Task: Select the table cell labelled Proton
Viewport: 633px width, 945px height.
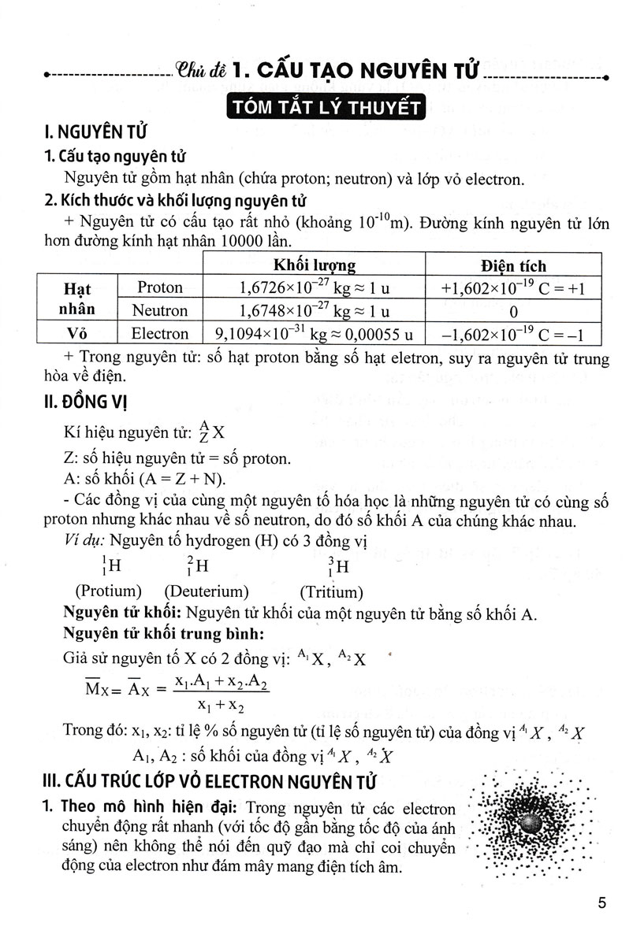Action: tap(159, 287)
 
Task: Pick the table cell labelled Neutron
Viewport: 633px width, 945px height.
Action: tap(159, 310)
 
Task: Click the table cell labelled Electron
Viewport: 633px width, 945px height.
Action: tap(159, 334)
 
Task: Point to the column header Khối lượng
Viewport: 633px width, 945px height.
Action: tap(314, 265)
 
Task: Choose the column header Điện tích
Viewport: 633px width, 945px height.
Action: tap(513, 265)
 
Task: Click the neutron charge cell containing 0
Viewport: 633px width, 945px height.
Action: tap(513, 310)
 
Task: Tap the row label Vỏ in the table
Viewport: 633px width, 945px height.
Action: tap(76, 334)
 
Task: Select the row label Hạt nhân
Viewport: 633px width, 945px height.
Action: tap(76, 298)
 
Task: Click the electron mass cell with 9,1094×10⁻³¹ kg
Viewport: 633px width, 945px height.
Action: tap(313, 334)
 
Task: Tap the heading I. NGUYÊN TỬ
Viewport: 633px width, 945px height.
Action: tap(95, 132)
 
